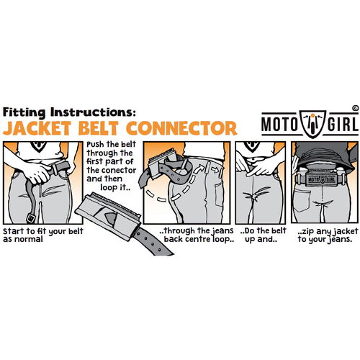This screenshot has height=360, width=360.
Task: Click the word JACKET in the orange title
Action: point(37,128)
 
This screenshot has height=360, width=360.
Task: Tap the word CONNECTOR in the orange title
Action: point(182,128)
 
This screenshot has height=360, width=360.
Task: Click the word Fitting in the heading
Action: point(24,112)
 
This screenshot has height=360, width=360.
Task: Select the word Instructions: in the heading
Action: point(91,112)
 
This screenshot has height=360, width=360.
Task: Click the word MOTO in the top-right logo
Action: point(279,125)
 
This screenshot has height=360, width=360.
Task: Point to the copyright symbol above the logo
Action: point(356,108)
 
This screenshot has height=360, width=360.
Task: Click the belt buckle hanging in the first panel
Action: point(31,218)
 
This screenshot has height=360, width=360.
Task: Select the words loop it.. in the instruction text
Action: point(115,187)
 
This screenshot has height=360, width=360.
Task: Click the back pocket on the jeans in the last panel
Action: point(302,199)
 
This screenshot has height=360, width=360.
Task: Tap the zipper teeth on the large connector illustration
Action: point(116,204)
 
